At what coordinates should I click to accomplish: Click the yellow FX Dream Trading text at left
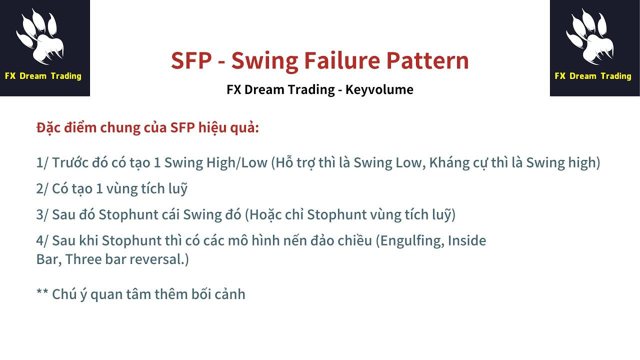click(43, 76)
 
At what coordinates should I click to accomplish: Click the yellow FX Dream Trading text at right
click(593, 76)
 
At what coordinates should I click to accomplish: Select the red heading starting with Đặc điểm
click(147, 127)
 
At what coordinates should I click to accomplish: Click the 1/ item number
click(42, 163)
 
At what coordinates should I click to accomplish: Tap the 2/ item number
click(42, 189)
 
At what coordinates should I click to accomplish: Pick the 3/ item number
click(42, 215)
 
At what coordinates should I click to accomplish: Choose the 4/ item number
click(42, 241)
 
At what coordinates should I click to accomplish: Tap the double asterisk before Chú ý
click(42, 293)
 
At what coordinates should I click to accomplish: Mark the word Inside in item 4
click(467, 241)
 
